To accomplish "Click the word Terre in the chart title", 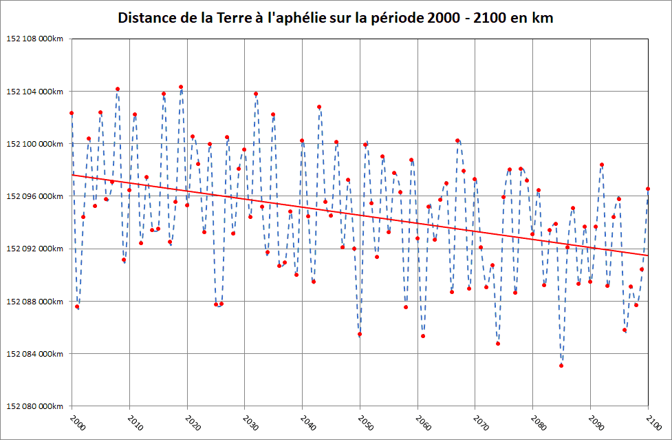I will click(x=219, y=18).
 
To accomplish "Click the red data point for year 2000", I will click(x=72, y=113).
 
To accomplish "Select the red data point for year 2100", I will click(x=648, y=189).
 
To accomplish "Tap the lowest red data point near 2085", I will click(x=561, y=366).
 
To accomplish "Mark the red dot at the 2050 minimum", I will click(x=360, y=334).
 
